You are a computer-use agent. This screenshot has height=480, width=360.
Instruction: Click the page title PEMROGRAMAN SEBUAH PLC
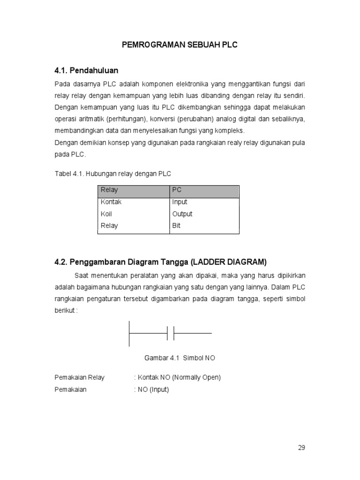[x=180, y=45]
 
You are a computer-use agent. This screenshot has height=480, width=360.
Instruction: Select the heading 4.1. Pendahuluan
[x=86, y=70]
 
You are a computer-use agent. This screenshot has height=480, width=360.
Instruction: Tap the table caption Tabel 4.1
[x=113, y=173]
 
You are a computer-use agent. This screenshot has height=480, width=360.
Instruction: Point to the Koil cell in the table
[x=106, y=214]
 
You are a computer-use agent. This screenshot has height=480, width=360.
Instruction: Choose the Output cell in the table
[x=182, y=214]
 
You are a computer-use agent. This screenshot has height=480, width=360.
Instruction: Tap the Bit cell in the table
[x=176, y=225]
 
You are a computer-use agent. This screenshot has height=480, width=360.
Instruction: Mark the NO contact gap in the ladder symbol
[x=171, y=333]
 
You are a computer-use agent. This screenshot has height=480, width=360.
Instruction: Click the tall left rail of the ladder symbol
[x=129, y=333]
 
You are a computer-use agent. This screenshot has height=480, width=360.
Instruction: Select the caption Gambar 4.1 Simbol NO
[x=180, y=358]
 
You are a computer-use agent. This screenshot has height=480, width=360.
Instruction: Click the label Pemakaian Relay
[x=80, y=377]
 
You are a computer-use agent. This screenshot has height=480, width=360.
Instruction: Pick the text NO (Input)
[x=153, y=390]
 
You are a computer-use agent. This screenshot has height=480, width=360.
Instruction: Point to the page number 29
[x=301, y=448]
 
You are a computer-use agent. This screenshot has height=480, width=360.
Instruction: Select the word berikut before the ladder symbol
[x=65, y=311]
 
